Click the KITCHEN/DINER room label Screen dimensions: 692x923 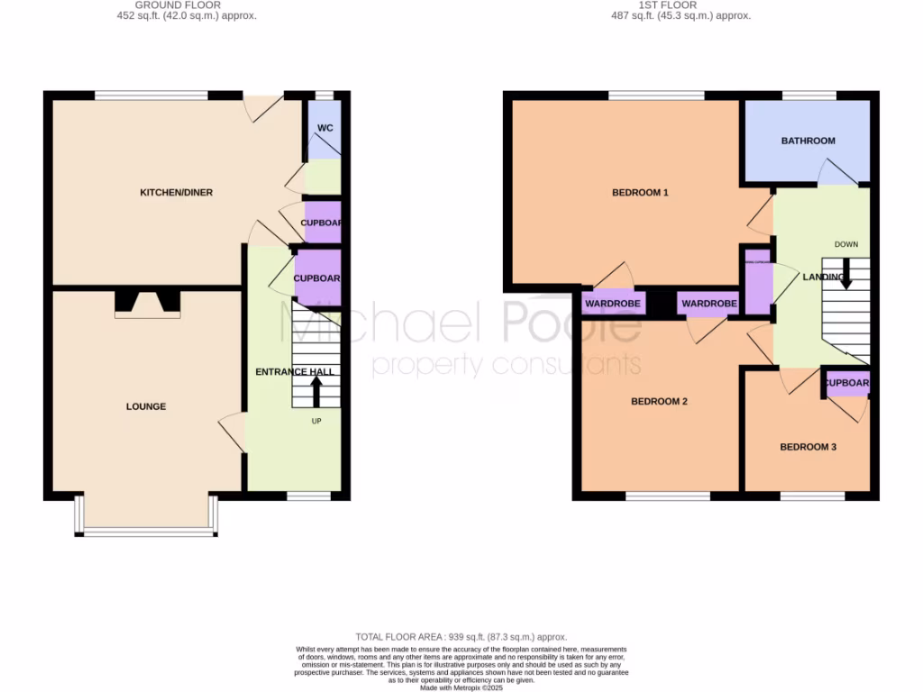(176, 193)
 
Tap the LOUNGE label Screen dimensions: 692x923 (145, 406)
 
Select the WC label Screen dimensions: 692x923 (325, 128)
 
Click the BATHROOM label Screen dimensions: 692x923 (808, 141)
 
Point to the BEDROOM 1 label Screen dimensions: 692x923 (640, 192)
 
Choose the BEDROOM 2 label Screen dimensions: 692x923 (658, 401)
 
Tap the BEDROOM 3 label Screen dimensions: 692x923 (809, 447)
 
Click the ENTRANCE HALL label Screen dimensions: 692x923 (295, 371)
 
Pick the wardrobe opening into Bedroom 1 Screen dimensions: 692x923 (613, 304)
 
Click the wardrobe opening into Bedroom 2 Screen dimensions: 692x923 (709, 304)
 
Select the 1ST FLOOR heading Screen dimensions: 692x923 (666, 5)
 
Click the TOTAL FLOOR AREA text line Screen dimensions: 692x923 (461, 636)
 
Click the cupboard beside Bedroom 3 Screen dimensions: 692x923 (847, 383)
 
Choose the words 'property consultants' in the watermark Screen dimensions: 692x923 (507, 364)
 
